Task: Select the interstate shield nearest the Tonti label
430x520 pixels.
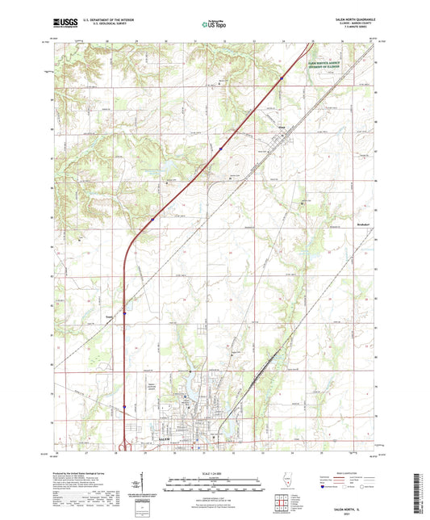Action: (x=124, y=313)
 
